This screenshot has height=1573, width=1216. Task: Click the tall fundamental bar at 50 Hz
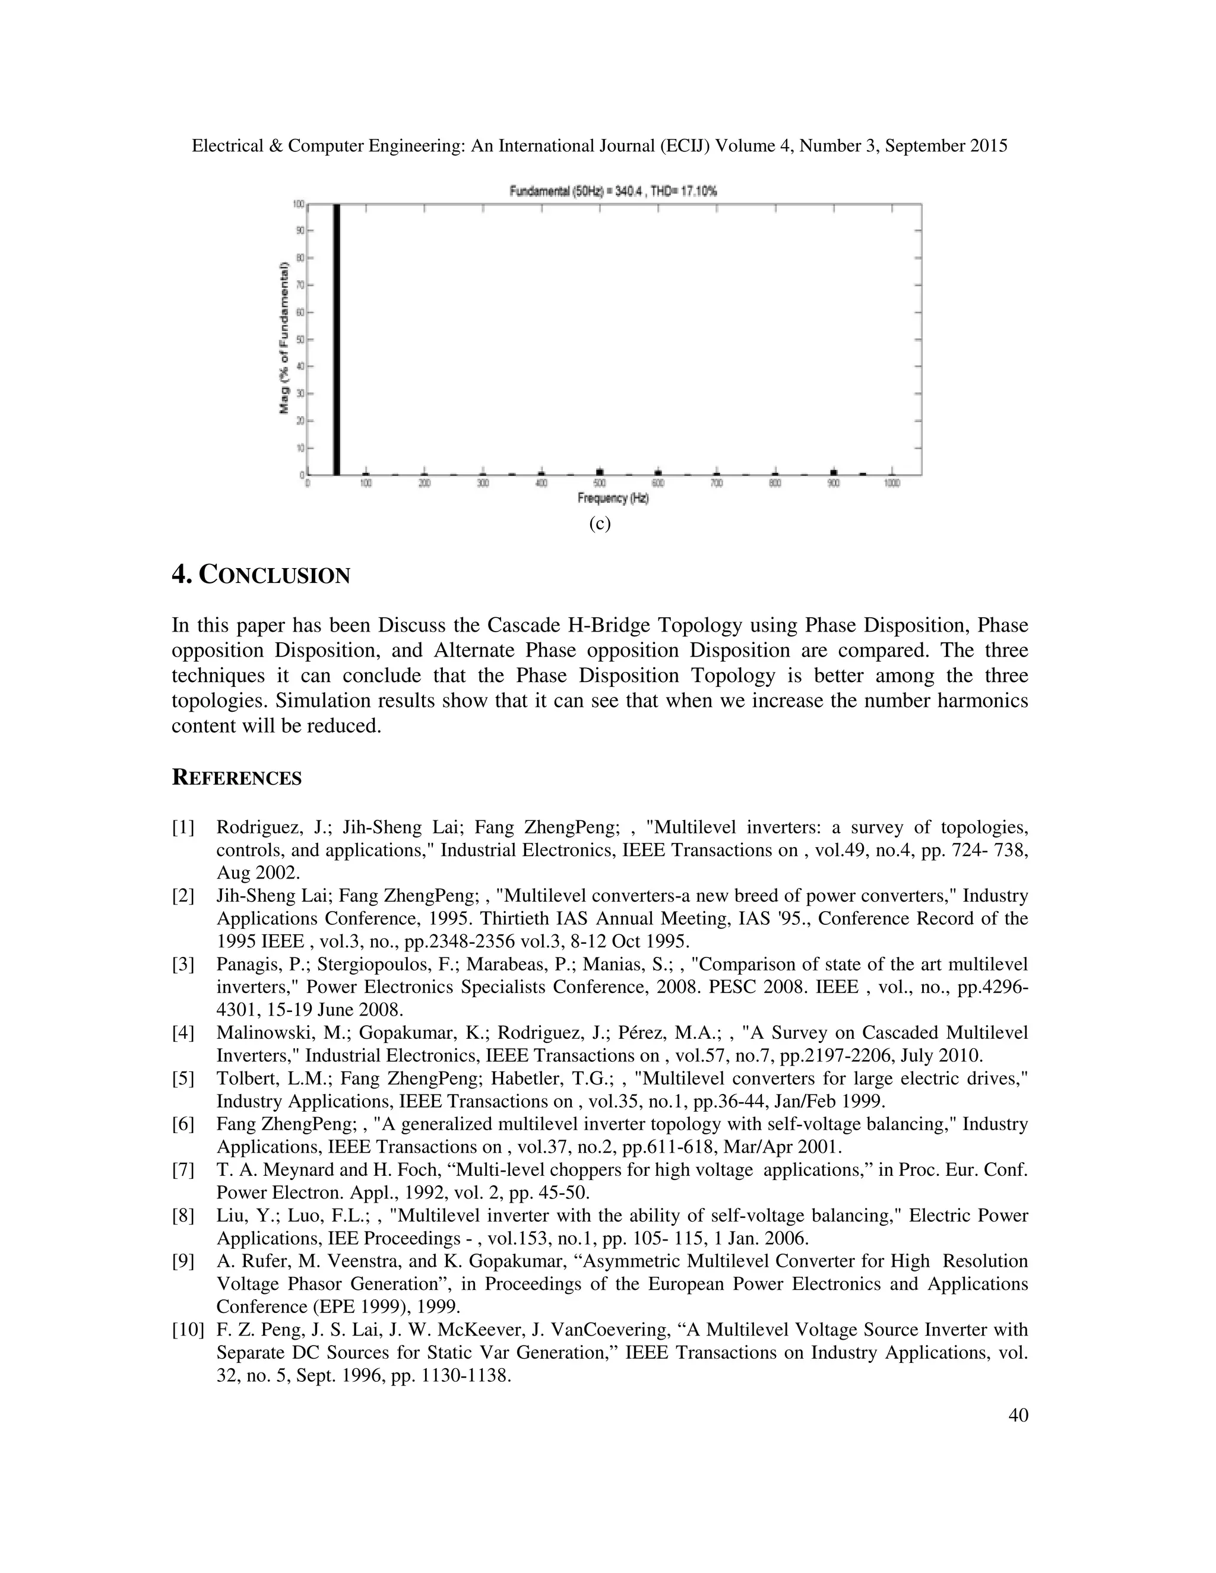pyautogui.click(x=335, y=338)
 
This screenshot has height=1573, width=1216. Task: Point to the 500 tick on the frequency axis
pyautogui.click(x=599, y=484)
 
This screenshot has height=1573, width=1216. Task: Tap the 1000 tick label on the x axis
pyautogui.click(x=892, y=484)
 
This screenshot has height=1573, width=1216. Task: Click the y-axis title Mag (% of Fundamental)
pyautogui.click(x=284, y=338)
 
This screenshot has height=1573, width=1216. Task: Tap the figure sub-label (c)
pyautogui.click(x=599, y=524)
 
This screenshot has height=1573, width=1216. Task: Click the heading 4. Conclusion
pyautogui.click(x=261, y=575)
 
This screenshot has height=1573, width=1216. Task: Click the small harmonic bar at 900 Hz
pyautogui.click(x=834, y=472)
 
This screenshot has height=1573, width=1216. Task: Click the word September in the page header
pyautogui.click(x=925, y=146)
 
